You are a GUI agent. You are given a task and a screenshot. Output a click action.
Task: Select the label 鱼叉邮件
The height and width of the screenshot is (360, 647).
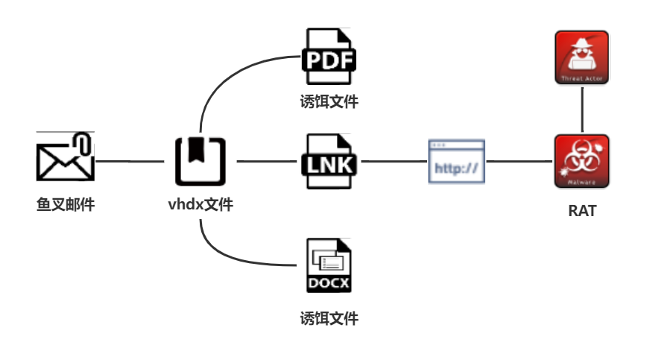pos(66,203)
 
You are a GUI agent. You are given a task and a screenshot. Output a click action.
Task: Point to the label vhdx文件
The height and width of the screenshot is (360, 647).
pos(201,203)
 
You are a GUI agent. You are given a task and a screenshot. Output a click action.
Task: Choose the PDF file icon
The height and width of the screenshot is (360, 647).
pos(329,59)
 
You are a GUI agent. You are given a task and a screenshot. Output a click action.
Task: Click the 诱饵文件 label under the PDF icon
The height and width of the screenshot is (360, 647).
pos(329,102)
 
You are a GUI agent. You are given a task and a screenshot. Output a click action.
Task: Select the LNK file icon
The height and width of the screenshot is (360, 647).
pos(329,161)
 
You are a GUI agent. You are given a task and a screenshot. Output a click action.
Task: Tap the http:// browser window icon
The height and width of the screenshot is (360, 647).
pos(456,161)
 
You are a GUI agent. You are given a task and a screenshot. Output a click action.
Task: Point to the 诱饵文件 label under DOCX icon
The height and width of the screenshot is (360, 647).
pos(329,319)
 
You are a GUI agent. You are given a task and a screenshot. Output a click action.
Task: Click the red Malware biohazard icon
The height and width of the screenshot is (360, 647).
pos(582,161)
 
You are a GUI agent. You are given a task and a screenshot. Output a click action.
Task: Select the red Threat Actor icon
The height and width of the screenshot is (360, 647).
pos(582,57)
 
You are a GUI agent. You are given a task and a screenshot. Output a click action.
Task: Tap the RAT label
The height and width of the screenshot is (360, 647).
pos(582,211)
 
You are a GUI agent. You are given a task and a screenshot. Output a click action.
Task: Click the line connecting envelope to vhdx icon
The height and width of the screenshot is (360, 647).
pos(130,161)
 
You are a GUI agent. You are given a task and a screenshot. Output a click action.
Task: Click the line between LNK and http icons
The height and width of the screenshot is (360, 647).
pos(392,161)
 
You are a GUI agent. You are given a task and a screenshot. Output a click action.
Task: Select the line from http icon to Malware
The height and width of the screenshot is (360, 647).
pos(520,161)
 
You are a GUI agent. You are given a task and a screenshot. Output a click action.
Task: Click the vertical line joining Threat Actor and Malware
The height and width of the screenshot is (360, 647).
pos(582,109)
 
